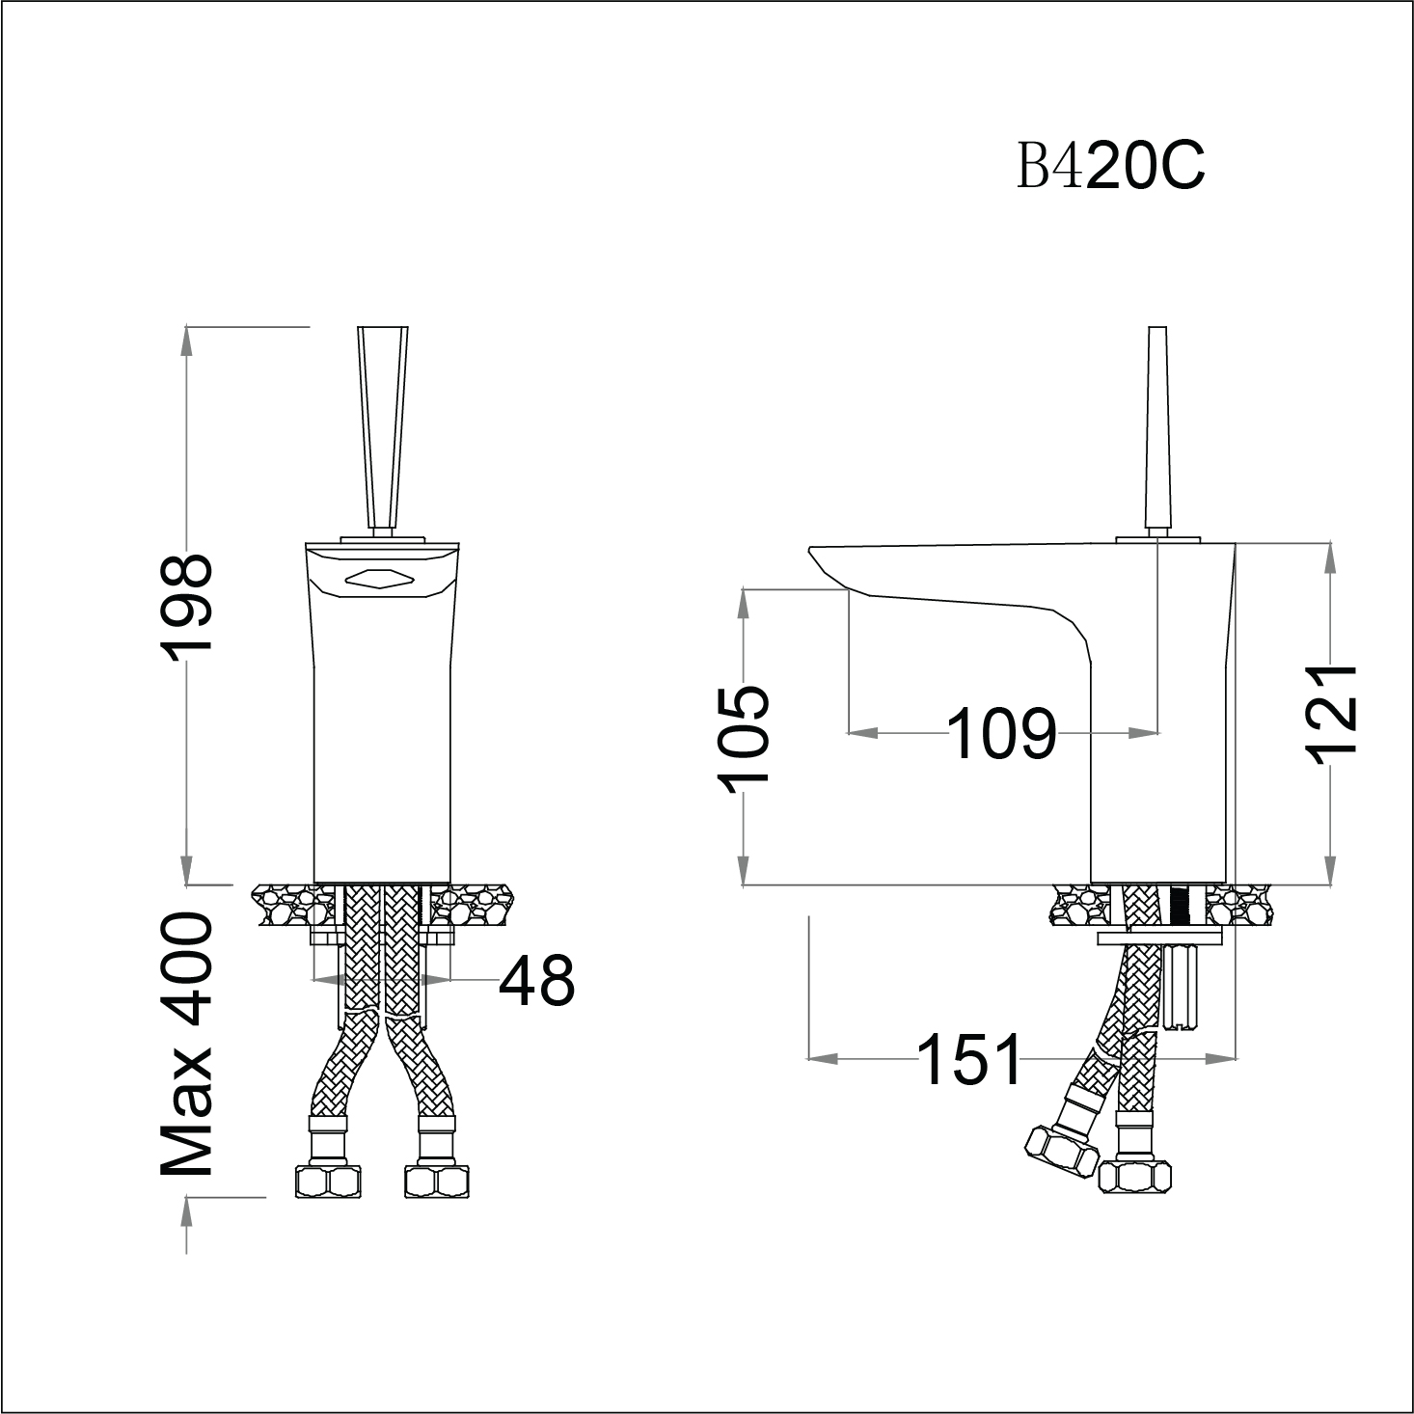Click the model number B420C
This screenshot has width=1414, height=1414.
pyautogui.click(x=1110, y=167)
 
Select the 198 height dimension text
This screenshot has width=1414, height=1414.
pyautogui.click(x=186, y=608)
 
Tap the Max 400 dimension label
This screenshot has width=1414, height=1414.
pyautogui.click(x=186, y=1046)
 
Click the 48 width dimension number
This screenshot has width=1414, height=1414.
pyautogui.click(x=536, y=980)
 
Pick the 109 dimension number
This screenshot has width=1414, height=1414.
pyautogui.click(x=1001, y=734)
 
